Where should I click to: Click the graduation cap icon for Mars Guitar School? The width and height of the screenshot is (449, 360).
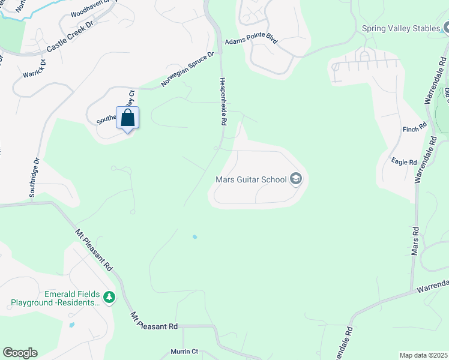pyautogui.click(x=295, y=179)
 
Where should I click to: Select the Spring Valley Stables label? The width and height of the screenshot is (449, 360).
pyautogui.click(x=400, y=28)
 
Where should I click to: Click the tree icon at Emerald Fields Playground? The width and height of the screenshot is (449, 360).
pyautogui.click(x=109, y=297)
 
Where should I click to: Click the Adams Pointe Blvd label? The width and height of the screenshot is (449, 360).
pyautogui.click(x=252, y=42)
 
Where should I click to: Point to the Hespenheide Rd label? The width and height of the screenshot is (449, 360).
pyautogui.click(x=222, y=101)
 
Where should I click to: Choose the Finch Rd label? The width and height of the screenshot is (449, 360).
pyautogui.click(x=414, y=128)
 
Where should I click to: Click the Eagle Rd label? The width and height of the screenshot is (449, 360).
pyautogui.click(x=403, y=162)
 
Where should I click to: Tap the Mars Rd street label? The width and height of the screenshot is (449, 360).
pyautogui.click(x=414, y=241)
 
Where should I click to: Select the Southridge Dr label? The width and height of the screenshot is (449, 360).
pyautogui.click(x=34, y=178)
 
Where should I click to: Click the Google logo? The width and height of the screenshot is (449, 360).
pyautogui.click(x=20, y=353)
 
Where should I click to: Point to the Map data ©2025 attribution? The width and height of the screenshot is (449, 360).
pyautogui.click(x=423, y=355)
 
